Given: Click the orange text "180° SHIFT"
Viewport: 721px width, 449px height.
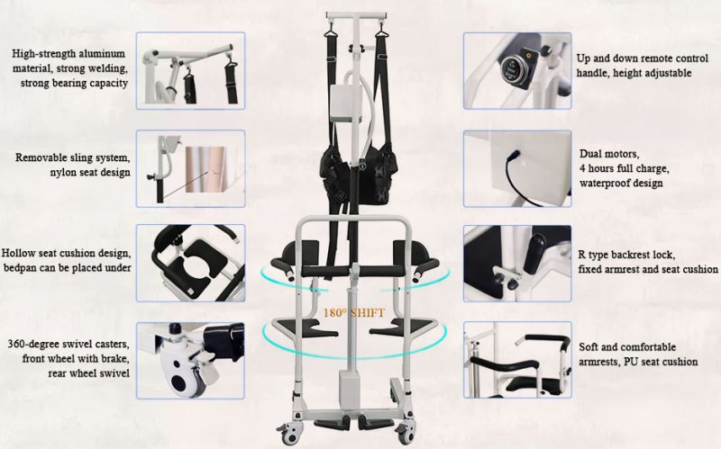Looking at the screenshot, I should (355, 313).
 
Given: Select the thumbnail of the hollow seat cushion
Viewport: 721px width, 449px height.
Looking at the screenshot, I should (190, 263).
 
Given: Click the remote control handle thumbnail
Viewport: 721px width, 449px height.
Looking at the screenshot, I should (517, 71).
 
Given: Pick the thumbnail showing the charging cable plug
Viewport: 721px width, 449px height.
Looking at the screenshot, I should (517, 168).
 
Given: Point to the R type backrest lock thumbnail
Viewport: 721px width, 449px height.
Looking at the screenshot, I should (517, 263).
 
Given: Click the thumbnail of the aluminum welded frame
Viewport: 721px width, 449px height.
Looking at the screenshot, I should (190, 71).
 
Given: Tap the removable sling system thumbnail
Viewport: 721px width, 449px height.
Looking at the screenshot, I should (190, 168).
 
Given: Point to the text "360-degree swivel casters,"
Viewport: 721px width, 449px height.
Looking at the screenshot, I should (69, 345).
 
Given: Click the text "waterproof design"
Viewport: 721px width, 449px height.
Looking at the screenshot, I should (621, 183).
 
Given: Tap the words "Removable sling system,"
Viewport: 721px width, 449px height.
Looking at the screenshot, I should (72, 157).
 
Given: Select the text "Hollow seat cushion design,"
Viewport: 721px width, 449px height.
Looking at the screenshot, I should (67, 254).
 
